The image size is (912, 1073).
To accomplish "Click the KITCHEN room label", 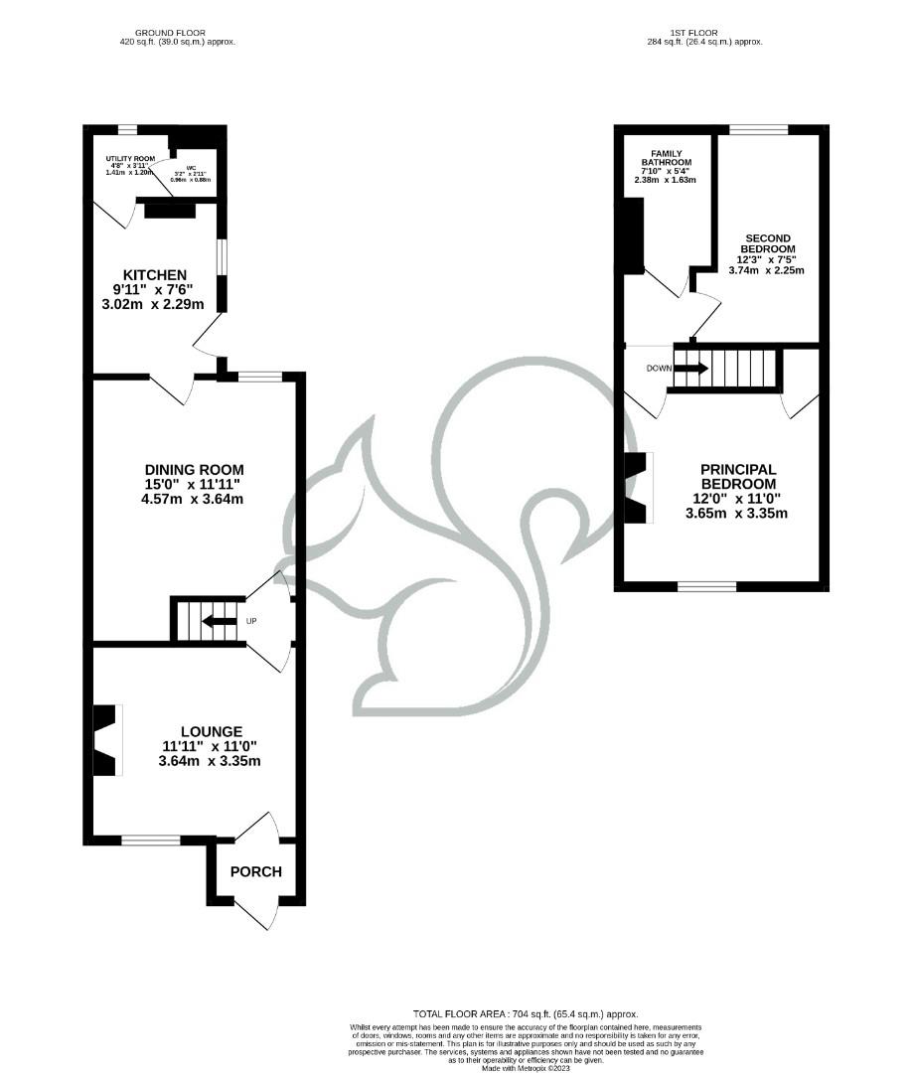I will (x=154, y=275).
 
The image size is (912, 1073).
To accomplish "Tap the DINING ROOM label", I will (x=194, y=470).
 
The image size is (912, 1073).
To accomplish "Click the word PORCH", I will (x=255, y=872).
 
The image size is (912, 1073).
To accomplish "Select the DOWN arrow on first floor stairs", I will (x=690, y=368).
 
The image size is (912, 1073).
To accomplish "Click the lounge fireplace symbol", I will (x=107, y=740).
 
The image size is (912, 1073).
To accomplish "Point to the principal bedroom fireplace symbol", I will (x=637, y=487).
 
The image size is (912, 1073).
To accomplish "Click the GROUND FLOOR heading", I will (x=178, y=33).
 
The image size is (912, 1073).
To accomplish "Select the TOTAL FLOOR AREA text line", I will (x=526, y=1012).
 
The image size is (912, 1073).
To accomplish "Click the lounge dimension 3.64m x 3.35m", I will (x=209, y=761).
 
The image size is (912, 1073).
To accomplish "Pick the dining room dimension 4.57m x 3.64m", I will (x=194, y=499).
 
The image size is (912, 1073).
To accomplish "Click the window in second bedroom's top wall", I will (x=759, y=129).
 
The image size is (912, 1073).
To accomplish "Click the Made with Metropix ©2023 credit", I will (x=526, y=1068).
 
